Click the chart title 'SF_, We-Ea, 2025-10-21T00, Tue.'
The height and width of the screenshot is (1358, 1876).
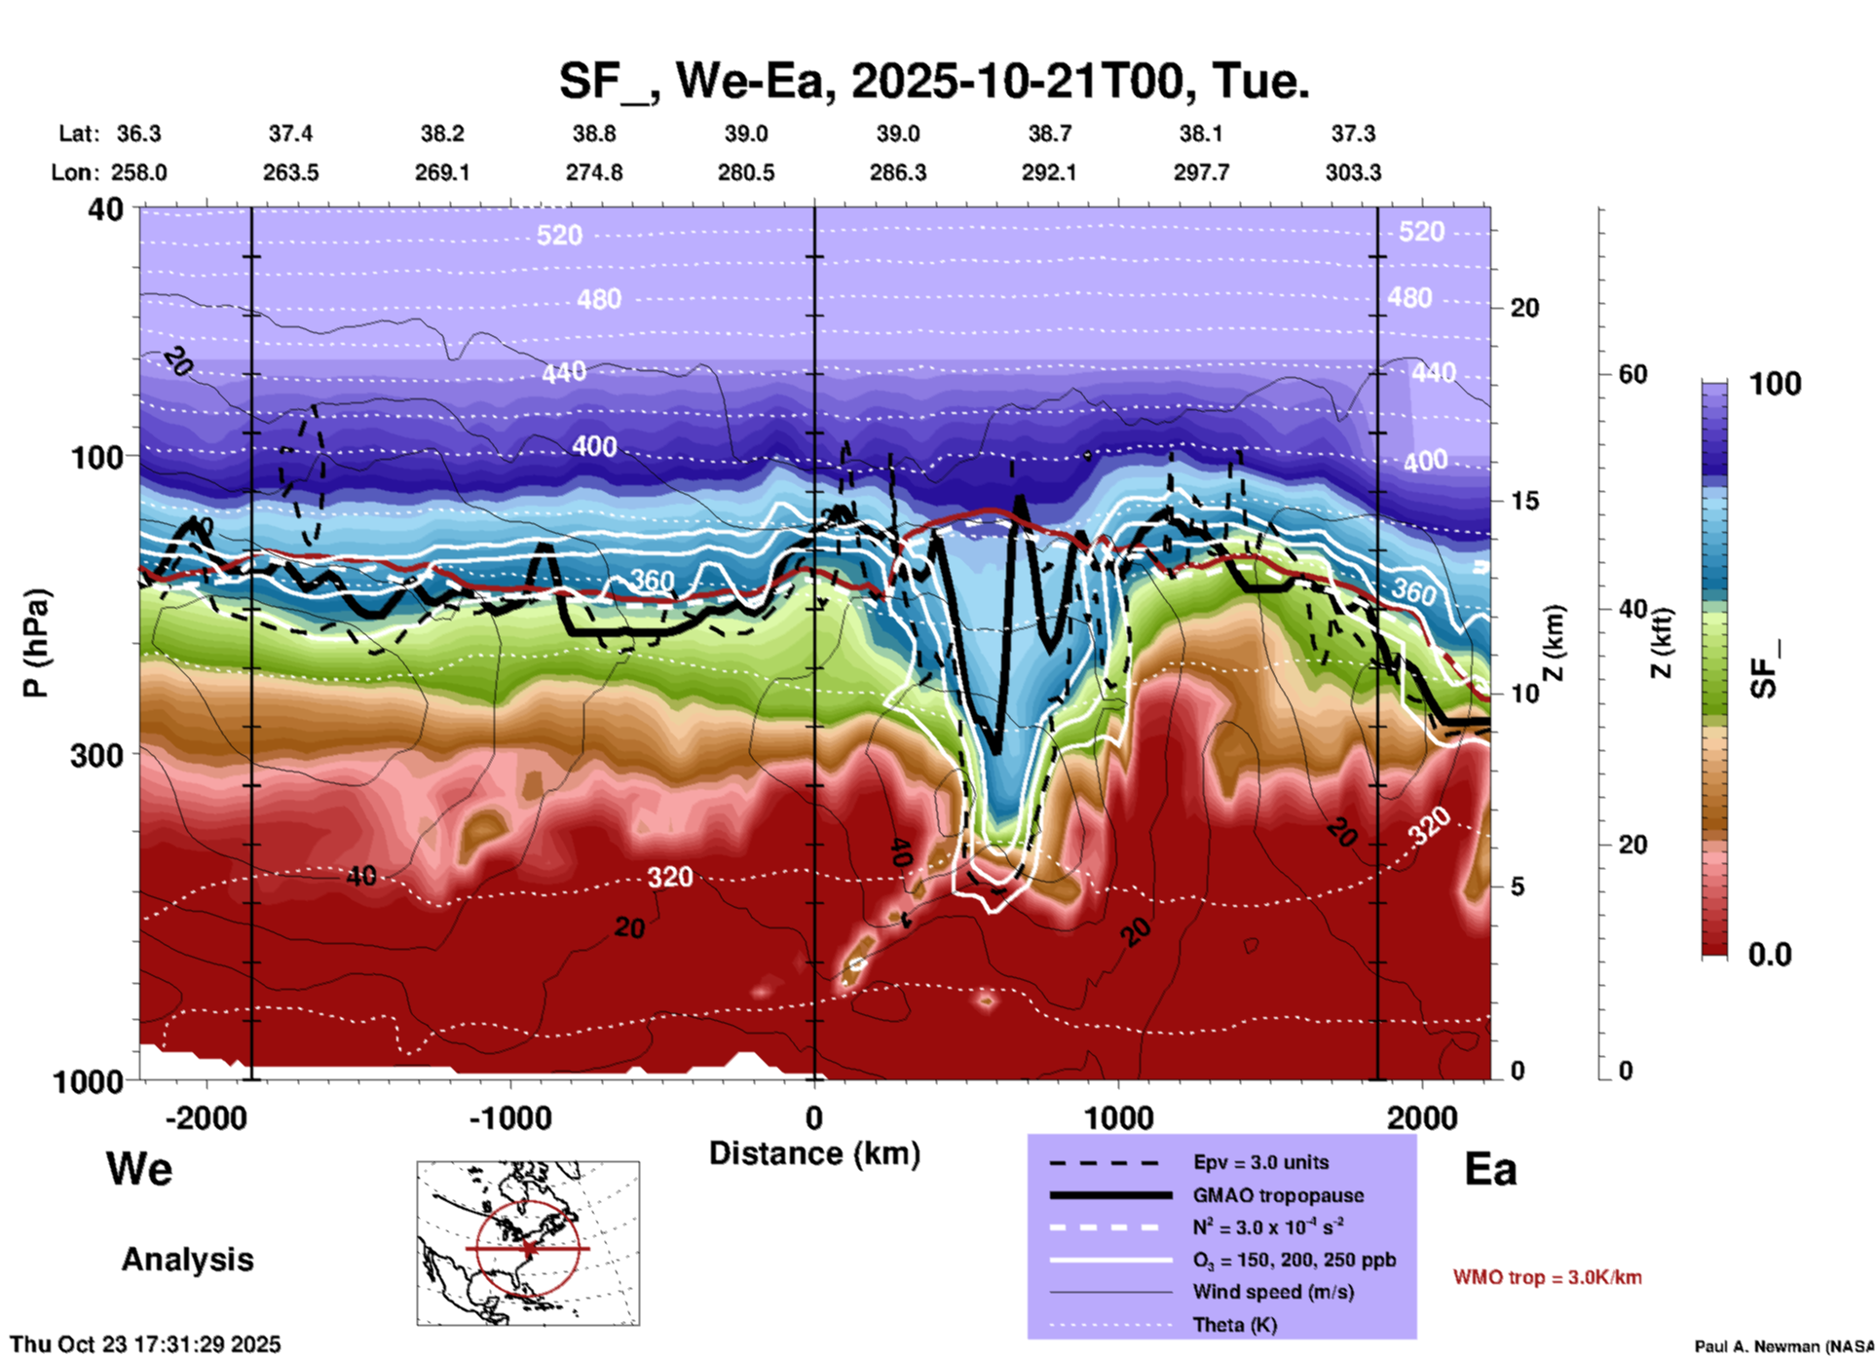pos(933,81)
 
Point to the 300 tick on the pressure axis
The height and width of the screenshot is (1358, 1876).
pos(97,754)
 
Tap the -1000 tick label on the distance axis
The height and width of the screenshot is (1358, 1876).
pos(509,1117)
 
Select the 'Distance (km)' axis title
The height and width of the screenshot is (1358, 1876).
pos(814,1153)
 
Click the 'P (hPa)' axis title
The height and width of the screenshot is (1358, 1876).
pos(35,643)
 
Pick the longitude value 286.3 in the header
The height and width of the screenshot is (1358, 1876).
pos(897,172)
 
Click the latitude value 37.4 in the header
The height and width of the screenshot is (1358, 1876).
pos(290,133)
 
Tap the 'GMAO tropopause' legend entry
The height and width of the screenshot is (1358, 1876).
pos(1277,1195)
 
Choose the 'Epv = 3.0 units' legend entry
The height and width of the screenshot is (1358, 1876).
pos(1259,1162)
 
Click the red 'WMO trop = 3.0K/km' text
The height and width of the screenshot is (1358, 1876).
pos(1547,1277)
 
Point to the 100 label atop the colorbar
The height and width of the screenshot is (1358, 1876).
pos(1775,384)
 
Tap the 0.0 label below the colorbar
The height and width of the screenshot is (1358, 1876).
pos(1770,954)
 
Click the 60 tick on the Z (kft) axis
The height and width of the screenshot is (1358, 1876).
pos(1633,374)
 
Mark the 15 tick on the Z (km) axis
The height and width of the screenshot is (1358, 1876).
pos(1524,501)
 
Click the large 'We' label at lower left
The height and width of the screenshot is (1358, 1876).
pos(139,1169)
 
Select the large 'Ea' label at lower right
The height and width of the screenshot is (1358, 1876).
pos(1490,1169)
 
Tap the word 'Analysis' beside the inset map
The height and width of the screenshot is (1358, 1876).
pos(187,1260)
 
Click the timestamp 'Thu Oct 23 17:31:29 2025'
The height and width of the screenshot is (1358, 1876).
pos(146,1344)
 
